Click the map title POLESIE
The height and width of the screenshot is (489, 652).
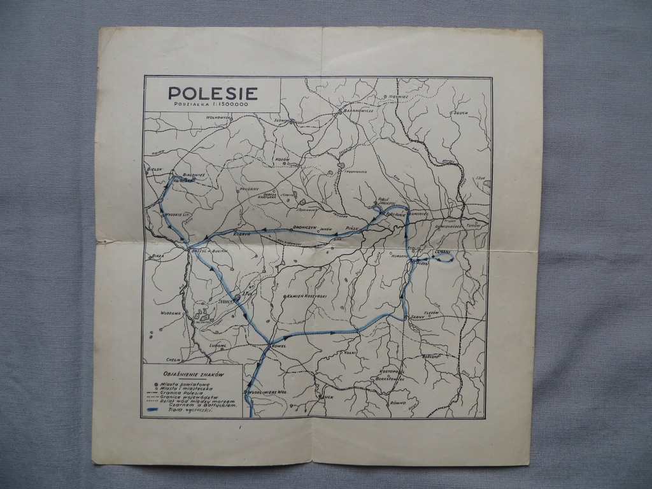point(213,93)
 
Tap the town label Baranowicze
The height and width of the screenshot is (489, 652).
point(358,110)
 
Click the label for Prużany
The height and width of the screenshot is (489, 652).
point(249,189)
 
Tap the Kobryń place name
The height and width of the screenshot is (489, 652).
point(244,234)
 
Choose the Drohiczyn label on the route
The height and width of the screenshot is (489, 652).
point(305,227)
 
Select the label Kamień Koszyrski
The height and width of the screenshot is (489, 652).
point(307,296)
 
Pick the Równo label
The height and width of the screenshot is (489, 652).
point(398,402)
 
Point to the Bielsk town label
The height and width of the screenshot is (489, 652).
point(155,169)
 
